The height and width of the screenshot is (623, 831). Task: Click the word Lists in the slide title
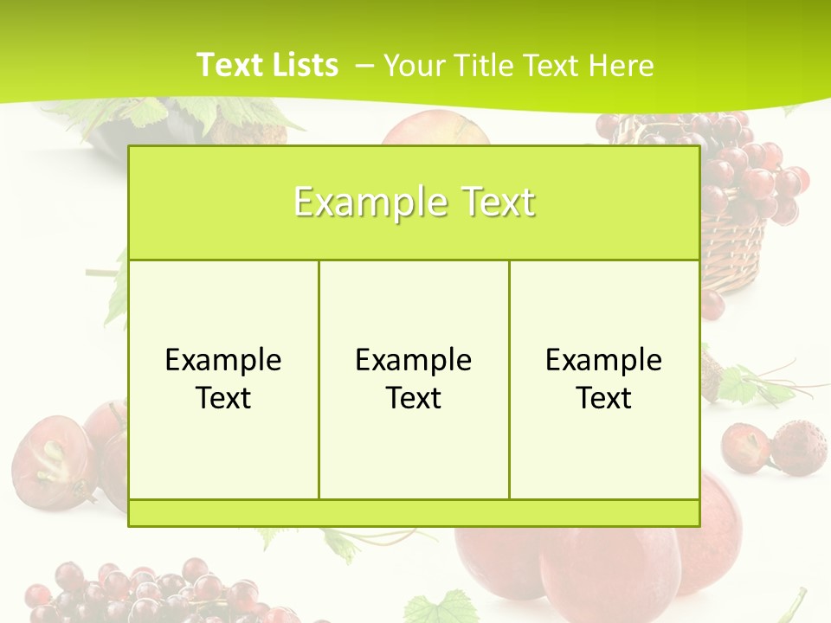tap(303, 65)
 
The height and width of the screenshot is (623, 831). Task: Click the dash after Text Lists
tap(364, 66)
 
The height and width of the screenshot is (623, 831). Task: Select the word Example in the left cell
tap(223, 360)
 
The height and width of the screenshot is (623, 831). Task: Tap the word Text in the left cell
tap(223, 398)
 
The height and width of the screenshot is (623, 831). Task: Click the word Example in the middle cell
tap(414, 360)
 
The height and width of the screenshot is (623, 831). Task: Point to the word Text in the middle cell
tap(414, 398)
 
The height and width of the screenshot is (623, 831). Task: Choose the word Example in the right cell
tap(603, 360)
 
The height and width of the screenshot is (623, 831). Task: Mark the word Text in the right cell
tap(603, 398)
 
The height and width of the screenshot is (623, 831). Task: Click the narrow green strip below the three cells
tap(414, 513)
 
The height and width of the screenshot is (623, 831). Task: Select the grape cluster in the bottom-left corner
tap(130, 593)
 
